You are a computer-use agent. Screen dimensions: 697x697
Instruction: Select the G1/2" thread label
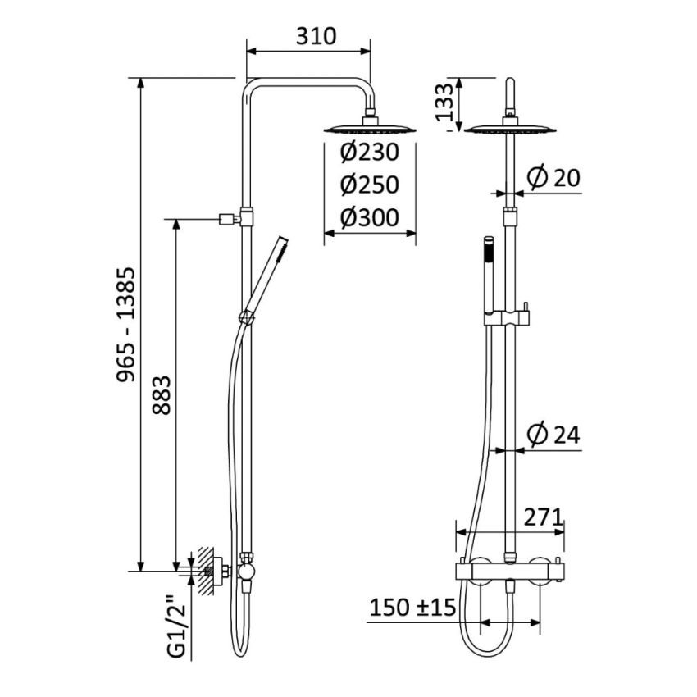(174, 627)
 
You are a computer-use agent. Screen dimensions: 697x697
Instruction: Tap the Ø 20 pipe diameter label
(553, 178)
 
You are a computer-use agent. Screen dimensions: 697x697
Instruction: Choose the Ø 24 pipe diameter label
(553, 435)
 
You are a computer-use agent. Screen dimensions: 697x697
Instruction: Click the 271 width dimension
(543, 517)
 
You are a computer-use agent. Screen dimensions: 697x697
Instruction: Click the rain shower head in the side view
(370, 128)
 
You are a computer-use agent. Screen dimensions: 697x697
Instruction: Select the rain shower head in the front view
(509, 129)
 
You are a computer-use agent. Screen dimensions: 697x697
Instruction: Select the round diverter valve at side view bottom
(246, 569)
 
